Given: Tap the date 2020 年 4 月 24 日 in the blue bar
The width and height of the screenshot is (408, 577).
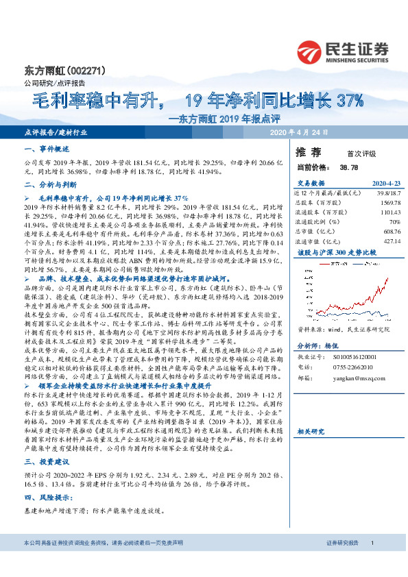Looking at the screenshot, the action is pos(300,132).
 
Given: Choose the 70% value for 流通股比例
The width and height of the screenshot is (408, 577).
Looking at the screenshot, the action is pos(394,222).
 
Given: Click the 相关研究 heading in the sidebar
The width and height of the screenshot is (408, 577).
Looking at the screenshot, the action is pos(312,451).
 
